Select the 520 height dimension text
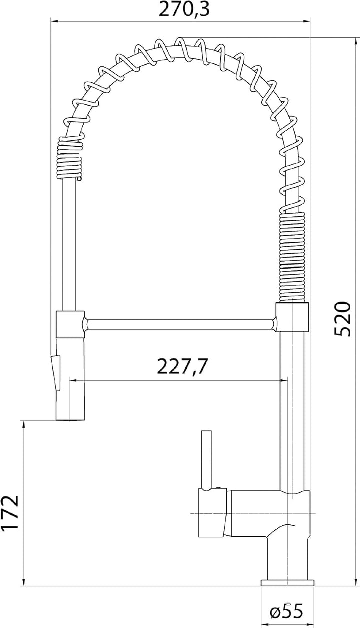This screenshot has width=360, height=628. (342, 319)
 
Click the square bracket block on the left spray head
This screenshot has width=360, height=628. (70, 324)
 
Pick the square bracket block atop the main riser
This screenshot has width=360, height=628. (292, 317)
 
